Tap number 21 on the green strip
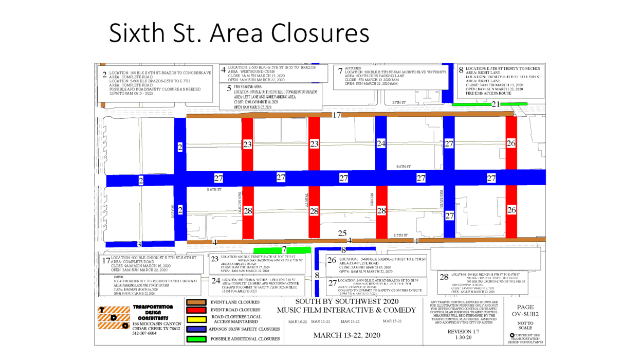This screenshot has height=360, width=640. pos(496,104)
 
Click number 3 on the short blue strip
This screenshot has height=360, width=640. pos(139,244)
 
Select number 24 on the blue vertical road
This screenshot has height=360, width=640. pos(381,144)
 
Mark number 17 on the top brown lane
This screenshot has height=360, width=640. pos(337,115)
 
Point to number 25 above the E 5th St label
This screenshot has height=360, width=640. pos(342,233)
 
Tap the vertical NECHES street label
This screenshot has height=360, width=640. pos(372,200)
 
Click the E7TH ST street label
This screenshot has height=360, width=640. pos(399,103)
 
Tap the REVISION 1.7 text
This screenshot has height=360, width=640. pos(463,332)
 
